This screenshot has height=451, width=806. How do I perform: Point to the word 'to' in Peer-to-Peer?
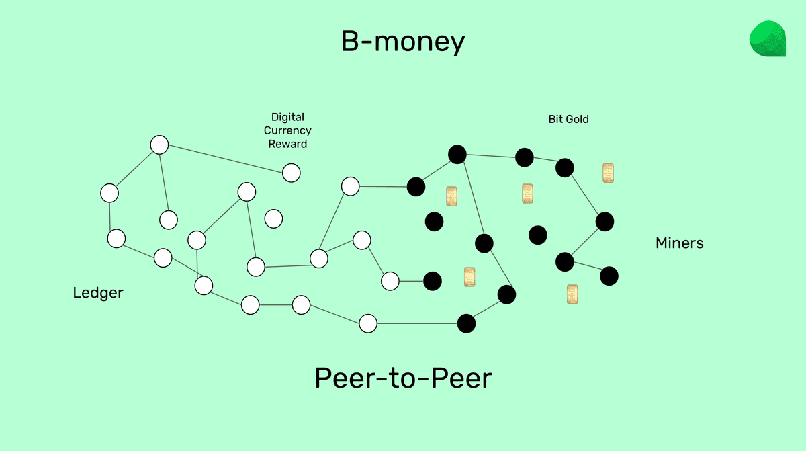point(404,379)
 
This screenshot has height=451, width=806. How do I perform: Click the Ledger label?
point(98,293)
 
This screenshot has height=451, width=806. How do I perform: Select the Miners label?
point(679,243)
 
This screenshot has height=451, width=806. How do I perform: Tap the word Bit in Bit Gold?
point(555,119)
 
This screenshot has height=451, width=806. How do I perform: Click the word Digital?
point(287,117)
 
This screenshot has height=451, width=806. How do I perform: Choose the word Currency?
point(287,130)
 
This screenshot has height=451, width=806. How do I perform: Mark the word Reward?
point(287,144)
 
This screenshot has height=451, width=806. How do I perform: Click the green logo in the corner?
point(767,39)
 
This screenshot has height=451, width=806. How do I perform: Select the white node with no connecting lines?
point(273,218)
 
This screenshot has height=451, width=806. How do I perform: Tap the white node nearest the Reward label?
point(291,173)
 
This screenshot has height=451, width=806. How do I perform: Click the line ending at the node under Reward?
point(225,159)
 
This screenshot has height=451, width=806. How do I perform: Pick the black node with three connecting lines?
point(457,154)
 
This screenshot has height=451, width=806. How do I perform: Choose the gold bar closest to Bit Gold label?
point(608,173)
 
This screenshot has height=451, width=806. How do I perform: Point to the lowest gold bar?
point(572,294)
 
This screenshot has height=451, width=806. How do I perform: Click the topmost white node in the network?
point(159,145)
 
